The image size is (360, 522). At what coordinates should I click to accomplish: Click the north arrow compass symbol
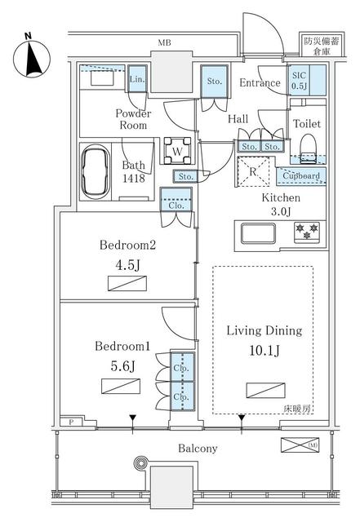click(x=32, y=59)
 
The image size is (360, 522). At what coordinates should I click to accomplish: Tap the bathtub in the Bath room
click(x=96, y=172)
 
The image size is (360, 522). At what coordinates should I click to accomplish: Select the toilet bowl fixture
click(x=307, y=148)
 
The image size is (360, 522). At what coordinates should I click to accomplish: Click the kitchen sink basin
click(x=258, y=233)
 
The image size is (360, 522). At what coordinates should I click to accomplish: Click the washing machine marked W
click(x=177, y=151)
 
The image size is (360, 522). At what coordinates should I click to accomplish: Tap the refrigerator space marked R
click(x=253, y=172)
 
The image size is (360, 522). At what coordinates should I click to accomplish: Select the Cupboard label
click(x=301, y=175)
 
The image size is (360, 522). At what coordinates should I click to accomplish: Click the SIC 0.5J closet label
click(x=299, y=81)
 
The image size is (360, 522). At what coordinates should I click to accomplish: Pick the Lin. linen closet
click(x=137, y=79)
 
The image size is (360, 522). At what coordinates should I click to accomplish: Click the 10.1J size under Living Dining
click(x=264, y=351)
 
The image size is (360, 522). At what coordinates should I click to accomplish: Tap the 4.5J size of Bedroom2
click(x=127, y=265)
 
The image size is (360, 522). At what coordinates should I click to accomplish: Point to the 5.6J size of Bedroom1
click(x=122, y=366)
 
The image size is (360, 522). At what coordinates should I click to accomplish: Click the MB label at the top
click(x=164, y=42)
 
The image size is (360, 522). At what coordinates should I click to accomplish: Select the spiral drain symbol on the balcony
click(x=140, y=462)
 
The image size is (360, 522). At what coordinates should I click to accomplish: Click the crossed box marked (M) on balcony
click(x=300, y=445)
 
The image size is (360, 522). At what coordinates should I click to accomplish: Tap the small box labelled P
click(x=71, y=422)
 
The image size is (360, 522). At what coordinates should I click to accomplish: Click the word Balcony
click(x=198, y=449)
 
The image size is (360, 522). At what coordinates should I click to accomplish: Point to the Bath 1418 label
click(x=134, y=172)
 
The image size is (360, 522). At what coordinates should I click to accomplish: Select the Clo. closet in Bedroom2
click(x=176, y=200)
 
